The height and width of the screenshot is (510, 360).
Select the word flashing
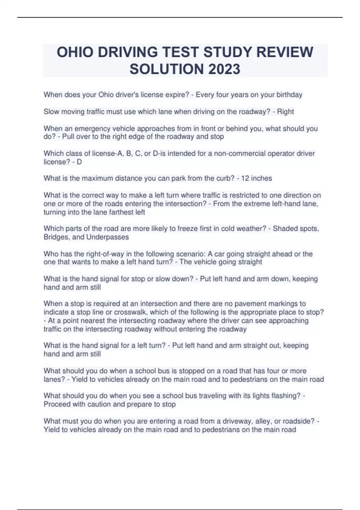[x=285, y=396]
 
